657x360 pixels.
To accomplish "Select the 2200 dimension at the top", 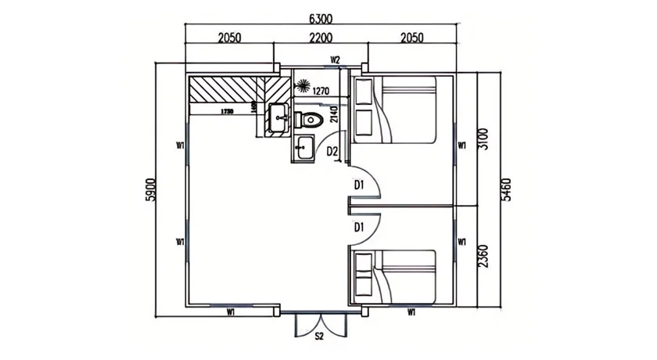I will click(x=321, y=38).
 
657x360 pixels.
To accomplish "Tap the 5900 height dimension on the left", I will click(x=151, y=190).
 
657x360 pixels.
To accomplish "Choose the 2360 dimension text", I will click(x=483, y=256).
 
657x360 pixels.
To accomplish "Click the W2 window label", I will click(x=335, y=59).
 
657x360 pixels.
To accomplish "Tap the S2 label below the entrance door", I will click(x=319, y=337).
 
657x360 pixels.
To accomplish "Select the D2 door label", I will click(x=332, y=151).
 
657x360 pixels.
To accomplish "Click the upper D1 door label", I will click(x=359, y=185).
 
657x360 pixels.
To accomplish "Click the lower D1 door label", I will click(x=359, y=227).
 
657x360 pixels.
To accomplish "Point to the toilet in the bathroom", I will click(x=310, y=120).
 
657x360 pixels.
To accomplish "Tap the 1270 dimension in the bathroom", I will click(x=320, y=91).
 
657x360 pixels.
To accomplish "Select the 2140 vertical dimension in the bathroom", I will click(x=334, y=115).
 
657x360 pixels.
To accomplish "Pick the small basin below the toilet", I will click(x=303, y=146).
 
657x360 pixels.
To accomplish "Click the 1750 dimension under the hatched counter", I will click(x=227, y=112).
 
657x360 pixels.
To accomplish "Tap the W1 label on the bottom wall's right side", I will click(x=411, y=312).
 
